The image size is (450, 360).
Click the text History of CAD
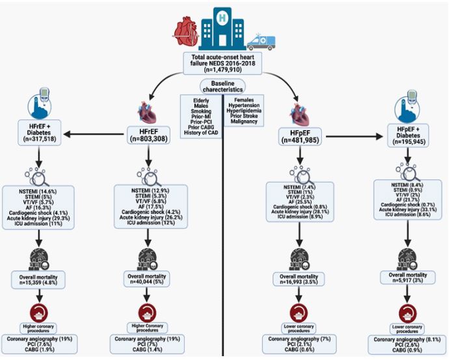pos(202,132)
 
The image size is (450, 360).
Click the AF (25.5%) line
pos(298,203)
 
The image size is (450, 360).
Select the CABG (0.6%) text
pos(298,350)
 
